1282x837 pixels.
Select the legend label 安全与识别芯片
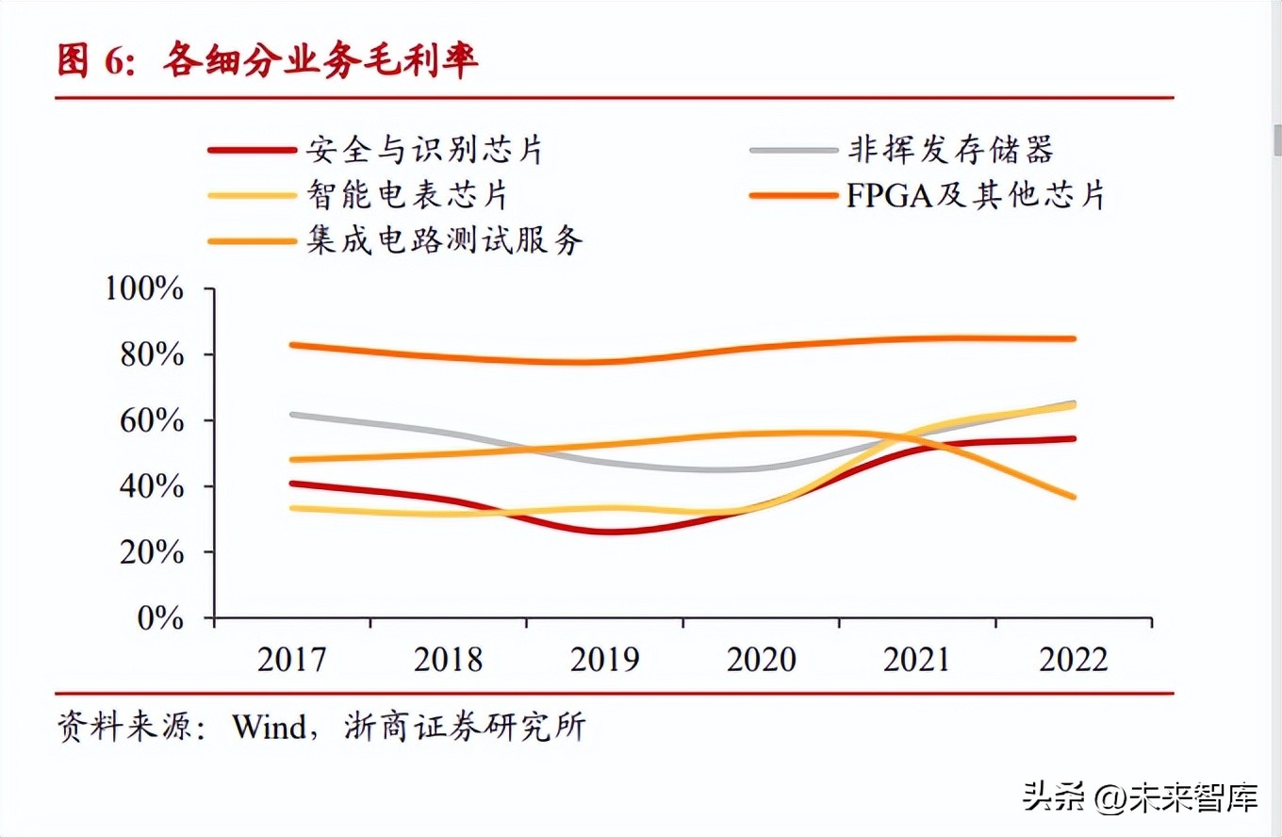(424, 150)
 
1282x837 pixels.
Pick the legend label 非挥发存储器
(949, 150)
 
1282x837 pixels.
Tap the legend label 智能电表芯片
(407, 195)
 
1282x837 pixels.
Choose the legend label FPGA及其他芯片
(976, 195)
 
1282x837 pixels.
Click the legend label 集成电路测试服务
(445, 239)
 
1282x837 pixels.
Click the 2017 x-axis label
(292, 659)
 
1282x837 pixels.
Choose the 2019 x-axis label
(604, 659)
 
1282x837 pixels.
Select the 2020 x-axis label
(761, 659)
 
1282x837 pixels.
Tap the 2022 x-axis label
(1073, 659)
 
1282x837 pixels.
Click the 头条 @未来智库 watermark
(1141, 799)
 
